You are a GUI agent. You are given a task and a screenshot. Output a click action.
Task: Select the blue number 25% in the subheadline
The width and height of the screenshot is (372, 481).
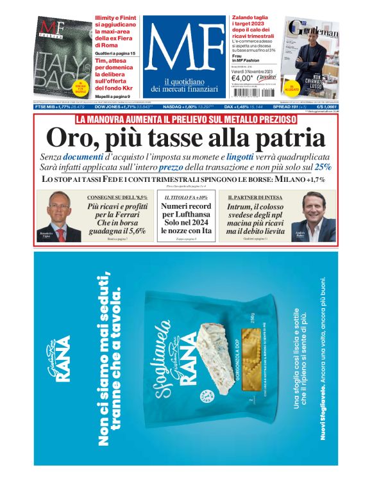323,167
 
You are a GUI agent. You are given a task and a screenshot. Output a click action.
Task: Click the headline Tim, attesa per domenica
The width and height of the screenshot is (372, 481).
116,66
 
